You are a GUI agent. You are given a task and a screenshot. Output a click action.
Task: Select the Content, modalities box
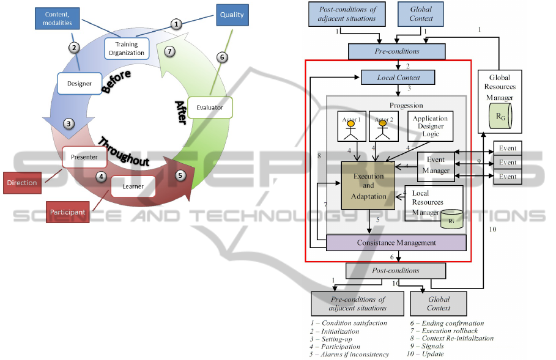pos(58,18)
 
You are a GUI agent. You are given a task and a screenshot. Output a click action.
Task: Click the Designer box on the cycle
pos(80,83)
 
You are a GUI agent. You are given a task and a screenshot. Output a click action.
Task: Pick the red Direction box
pos(23,183)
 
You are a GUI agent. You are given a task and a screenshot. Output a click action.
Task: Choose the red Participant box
pos(68,211)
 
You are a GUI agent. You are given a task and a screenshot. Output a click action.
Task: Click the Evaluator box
pos(210,108)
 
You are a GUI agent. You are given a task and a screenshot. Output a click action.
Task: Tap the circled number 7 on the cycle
pos(170,51)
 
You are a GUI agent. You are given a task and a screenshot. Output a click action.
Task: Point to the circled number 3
pos(69,123)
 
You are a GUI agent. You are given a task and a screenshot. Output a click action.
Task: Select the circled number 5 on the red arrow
pos(180,175)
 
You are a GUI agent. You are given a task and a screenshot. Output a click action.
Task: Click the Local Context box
pos(398,77)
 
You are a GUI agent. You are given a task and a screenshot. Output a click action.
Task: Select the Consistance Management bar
pos(396,243)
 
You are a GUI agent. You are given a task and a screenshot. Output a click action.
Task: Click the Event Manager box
pos(436,166)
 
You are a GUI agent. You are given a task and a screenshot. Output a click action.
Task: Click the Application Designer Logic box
pos(431,126)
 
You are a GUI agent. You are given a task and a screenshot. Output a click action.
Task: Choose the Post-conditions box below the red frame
pos(396,270)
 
